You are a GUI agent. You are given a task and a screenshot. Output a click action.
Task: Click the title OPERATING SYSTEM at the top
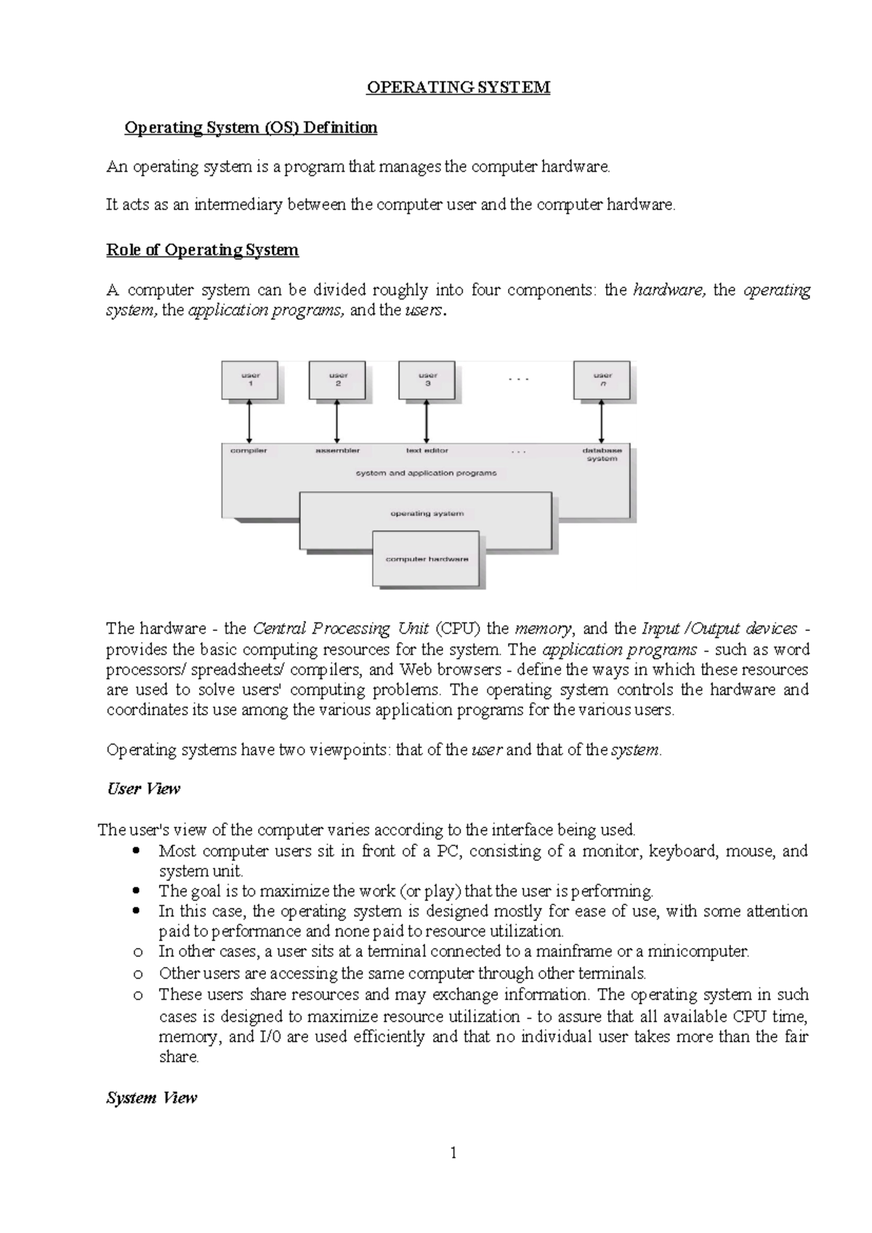(458, 88)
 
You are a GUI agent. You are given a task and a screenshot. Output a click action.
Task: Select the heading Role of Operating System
(202, 250)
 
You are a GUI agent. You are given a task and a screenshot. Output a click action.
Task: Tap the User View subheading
(143, 789)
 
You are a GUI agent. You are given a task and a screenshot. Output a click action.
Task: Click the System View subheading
(151, 1098)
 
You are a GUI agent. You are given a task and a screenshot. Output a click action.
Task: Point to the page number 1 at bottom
(454, 1153)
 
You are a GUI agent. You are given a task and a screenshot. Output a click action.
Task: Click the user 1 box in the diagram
(250, 380)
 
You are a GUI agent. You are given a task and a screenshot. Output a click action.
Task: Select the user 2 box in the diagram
(338, 380)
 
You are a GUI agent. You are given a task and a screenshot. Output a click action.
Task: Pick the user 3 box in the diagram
(427, 380)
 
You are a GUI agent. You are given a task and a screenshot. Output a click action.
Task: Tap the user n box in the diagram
(602, 380)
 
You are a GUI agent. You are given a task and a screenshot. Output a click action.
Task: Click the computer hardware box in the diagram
(427, 559)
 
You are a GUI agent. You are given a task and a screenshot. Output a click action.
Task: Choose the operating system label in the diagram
(427, 514)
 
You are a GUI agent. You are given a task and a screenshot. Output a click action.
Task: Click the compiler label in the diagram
(249, 451)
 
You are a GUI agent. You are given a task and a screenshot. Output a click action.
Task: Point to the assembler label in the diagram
(337, 451)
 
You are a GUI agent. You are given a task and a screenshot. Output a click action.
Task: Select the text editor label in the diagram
(427, 451)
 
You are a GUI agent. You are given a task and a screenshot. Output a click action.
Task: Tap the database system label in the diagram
(602, 454)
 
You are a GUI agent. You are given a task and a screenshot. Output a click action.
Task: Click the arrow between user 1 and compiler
(249, 422)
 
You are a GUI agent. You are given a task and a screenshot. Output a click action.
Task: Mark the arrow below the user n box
(602, 422)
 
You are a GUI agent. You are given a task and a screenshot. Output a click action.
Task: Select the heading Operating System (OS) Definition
(251, 128)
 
